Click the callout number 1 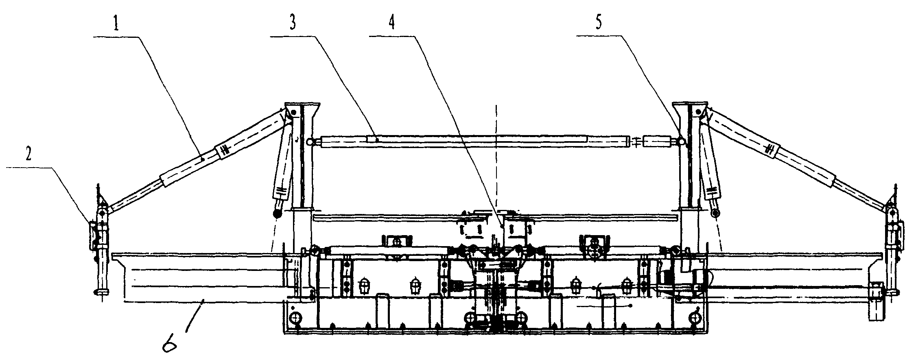(116, 24)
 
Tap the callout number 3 (293, 24)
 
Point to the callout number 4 (391, 24)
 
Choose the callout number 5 (598, 24)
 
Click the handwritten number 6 (170, 346)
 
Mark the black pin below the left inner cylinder (278, 213)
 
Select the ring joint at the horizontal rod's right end (678, 141)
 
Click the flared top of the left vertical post (302, 110)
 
